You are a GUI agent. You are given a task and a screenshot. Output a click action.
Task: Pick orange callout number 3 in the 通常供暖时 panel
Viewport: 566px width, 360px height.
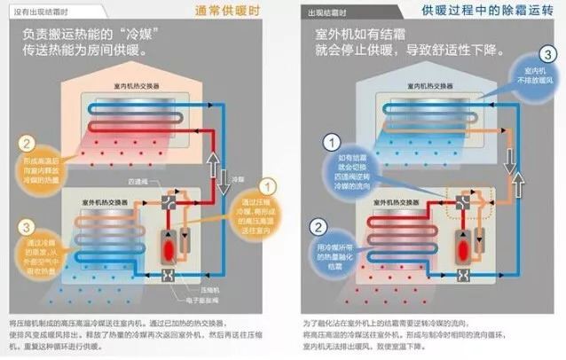tap(28, 227)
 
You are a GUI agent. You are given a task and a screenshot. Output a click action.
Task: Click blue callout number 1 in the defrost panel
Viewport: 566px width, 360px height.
tap(333, 142)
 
